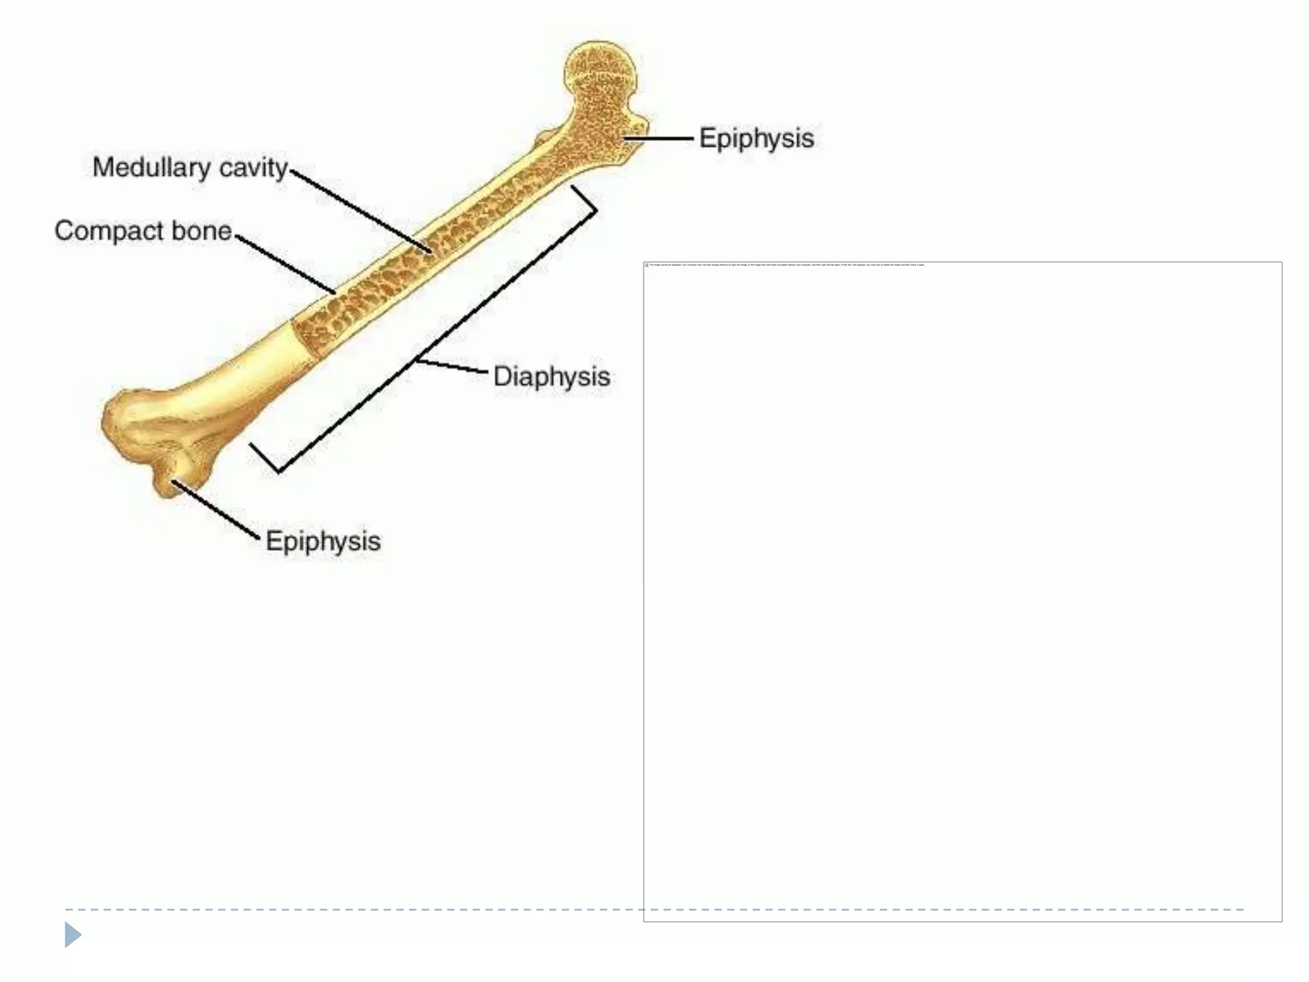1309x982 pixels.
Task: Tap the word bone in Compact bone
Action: (x=199, y=231)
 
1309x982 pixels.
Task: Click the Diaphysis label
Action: (x=552, y=377)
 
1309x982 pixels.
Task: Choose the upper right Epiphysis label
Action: (x=756, y=138)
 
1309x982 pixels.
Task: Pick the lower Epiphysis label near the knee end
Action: (x=323, y=542)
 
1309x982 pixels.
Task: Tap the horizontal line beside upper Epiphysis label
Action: (x=658, y=138)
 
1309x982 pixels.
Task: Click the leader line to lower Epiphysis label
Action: (x=215, y=510)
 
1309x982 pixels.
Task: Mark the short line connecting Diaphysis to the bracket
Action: (x=451, y=366)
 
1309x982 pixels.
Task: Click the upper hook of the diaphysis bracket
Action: (x=584, y=199)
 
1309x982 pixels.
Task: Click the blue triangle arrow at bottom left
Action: (x=73, y=935)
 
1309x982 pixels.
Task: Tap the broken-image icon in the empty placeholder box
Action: (x=647, y=265)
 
